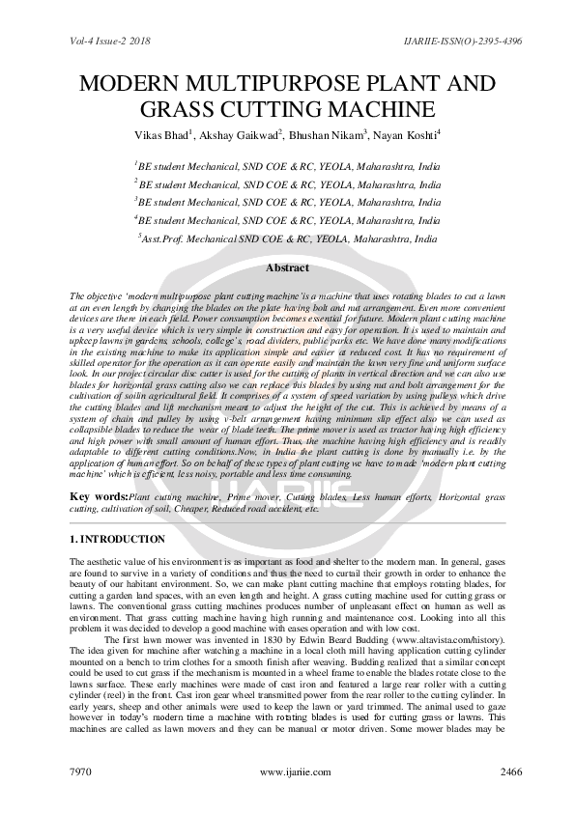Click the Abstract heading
click(287, 268)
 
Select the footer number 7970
click(84, 772)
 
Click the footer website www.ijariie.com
click(288, 772)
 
